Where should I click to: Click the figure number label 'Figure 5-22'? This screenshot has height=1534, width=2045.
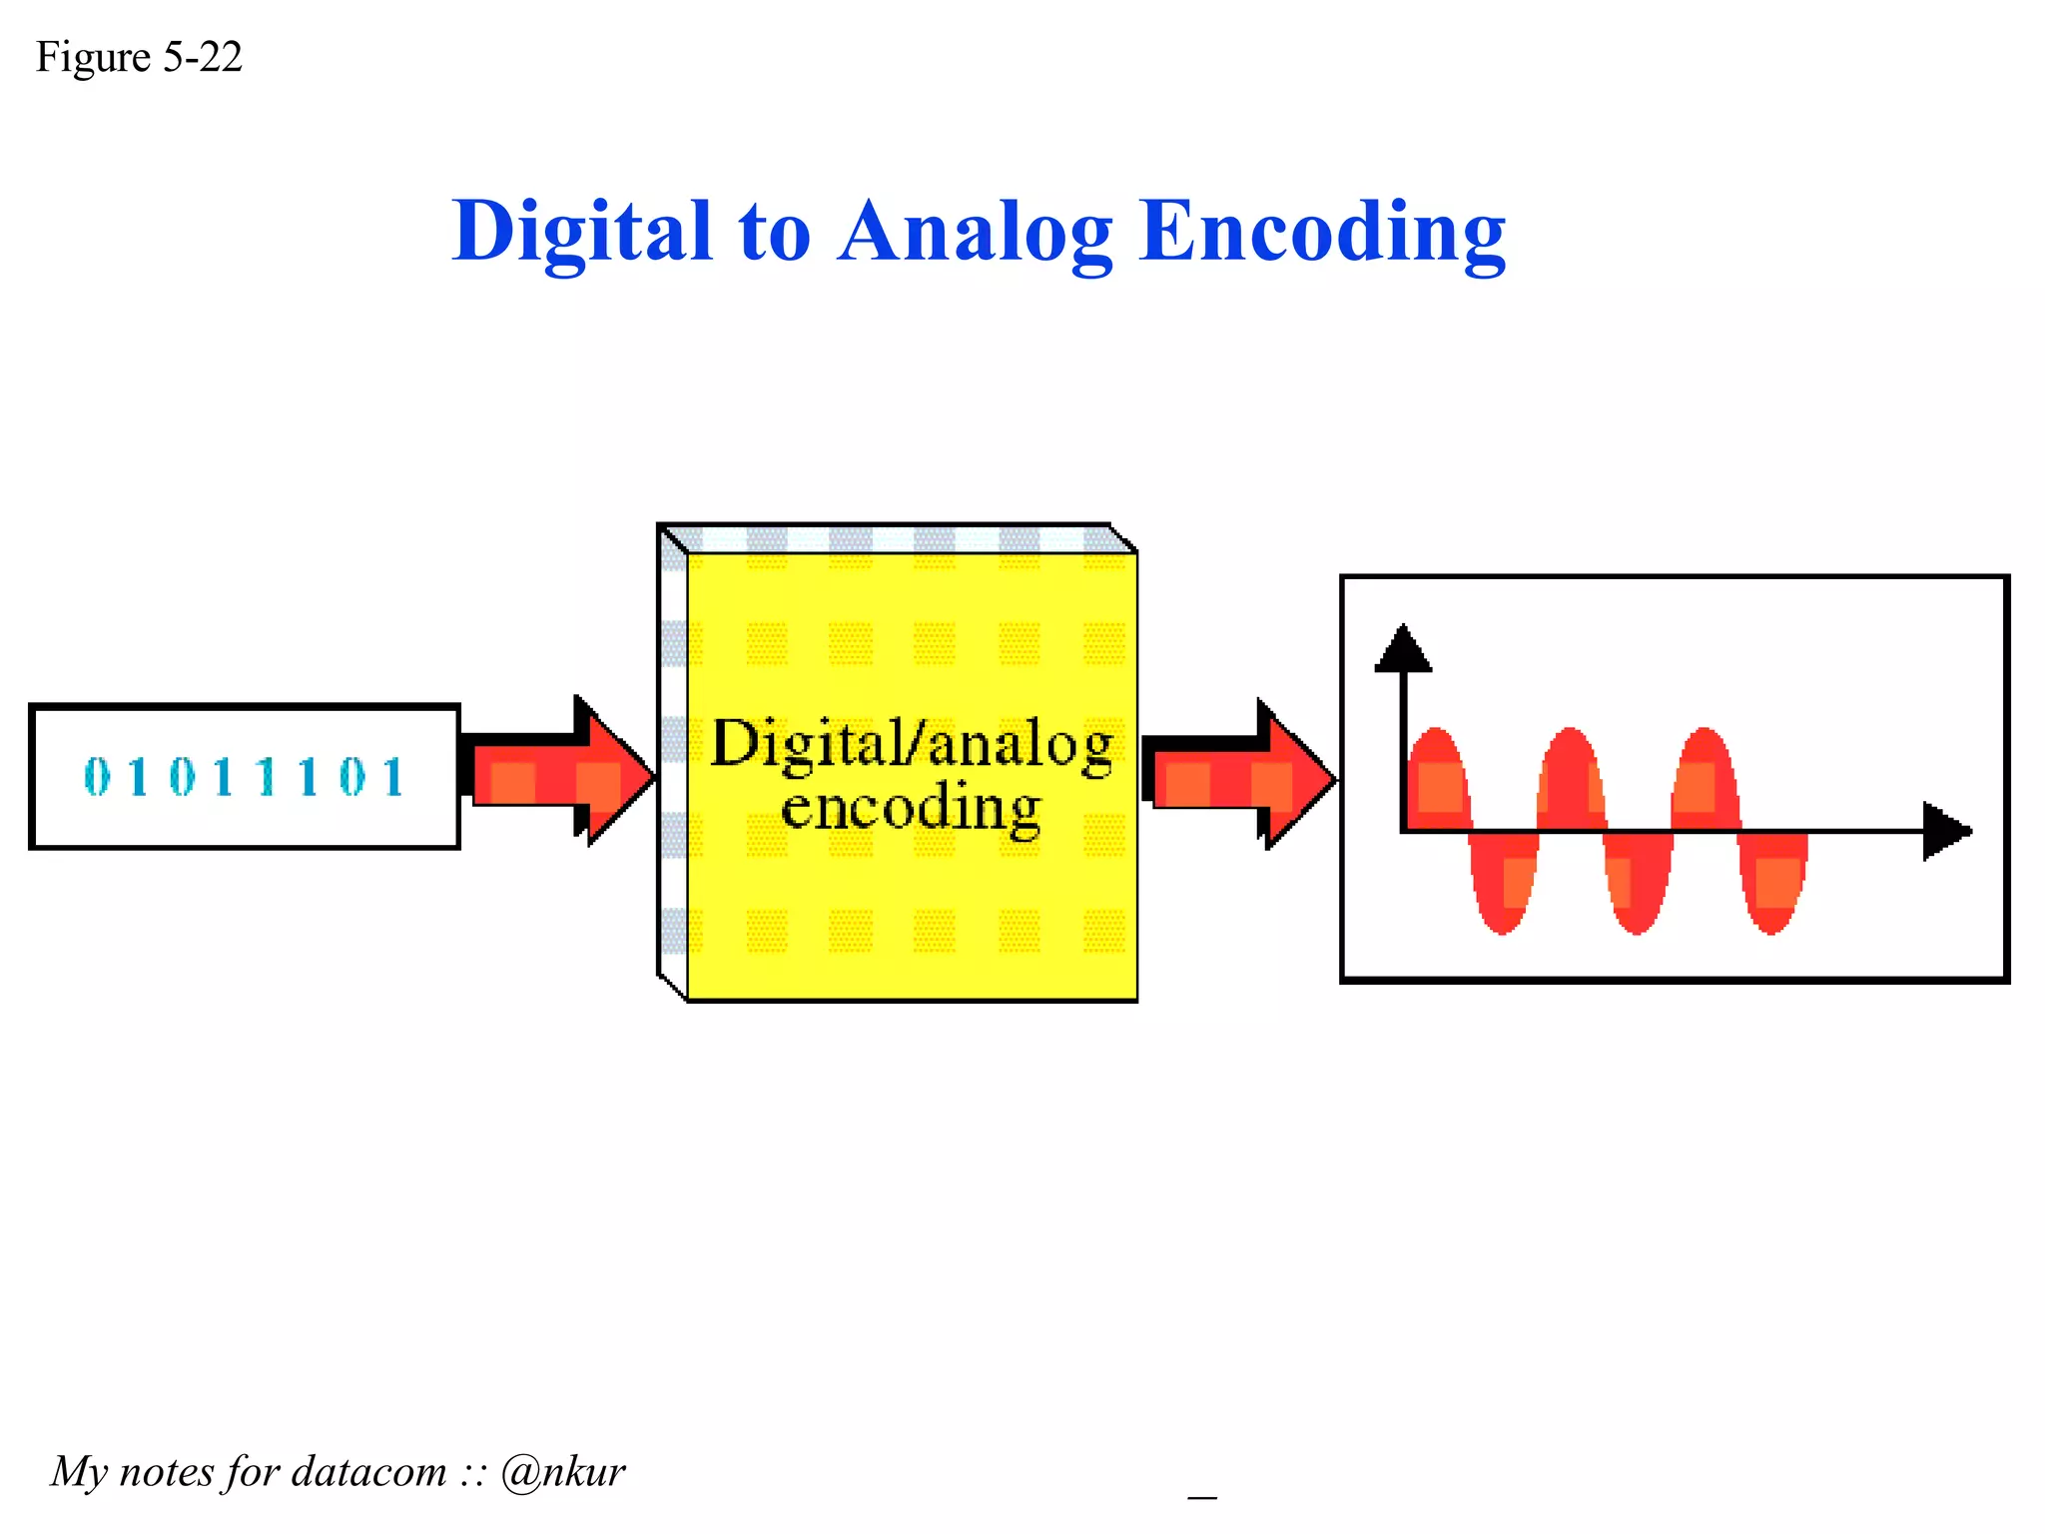[x=139, y=58]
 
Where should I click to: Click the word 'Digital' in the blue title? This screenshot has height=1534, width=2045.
[x=581, y=232]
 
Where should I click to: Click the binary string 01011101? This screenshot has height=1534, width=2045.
[x=245, y=777]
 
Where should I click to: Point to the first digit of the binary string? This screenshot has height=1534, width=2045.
[x=97, y=777]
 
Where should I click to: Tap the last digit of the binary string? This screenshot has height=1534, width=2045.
[x=393, y=777]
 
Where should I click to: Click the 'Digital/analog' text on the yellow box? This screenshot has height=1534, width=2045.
[x=912, y=745]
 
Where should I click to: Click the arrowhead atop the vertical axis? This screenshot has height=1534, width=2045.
[x=1404, y=648]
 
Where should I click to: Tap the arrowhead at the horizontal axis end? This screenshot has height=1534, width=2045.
[x=1946, y=830]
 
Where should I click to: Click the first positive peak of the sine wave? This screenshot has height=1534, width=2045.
[x=1437, y=759]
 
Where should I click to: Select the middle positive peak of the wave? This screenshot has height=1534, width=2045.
[x=1571, y=759]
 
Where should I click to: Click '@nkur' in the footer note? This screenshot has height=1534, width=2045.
[x=563, y=1472]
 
